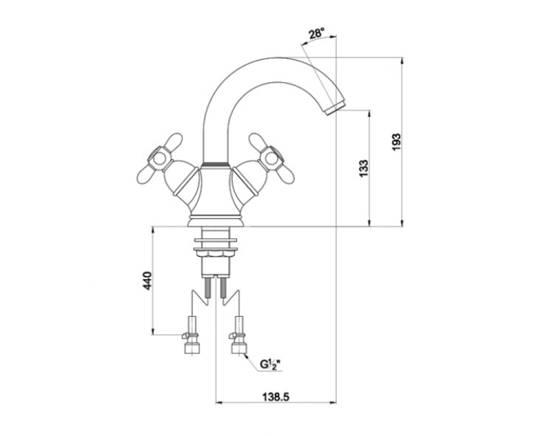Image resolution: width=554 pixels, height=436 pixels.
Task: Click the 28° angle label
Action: [x=316, y=34]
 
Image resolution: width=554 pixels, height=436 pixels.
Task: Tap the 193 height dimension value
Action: [x=397, y=142]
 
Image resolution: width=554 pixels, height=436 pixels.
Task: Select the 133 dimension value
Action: [x=364, y=169]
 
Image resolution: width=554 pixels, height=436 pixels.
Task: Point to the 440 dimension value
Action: [x=148, y=281]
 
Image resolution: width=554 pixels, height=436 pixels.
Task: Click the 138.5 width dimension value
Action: [x=276, y=397]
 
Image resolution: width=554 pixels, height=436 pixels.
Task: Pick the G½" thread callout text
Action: [x=270, y=364]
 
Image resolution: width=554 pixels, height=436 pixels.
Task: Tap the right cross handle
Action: [x=271, y=158]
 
